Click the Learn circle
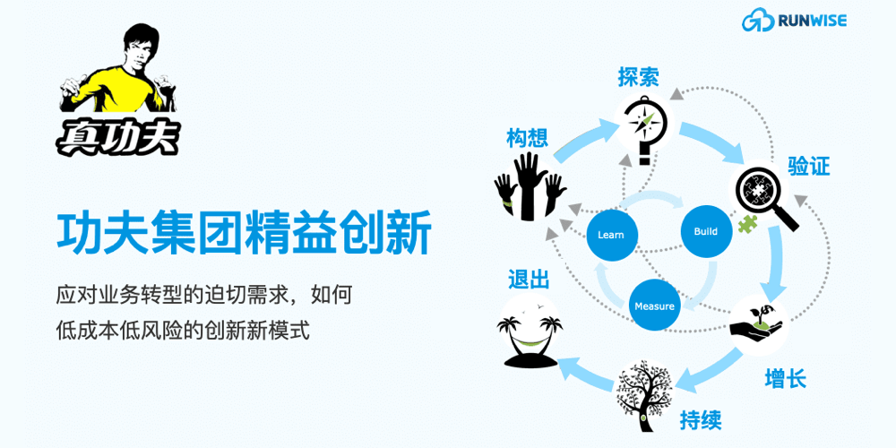611,235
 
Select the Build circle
706,231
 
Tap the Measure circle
654,306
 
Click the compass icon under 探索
644,129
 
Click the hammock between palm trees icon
530,339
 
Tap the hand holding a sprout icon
756,321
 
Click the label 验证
808,167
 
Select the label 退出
529,280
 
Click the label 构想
527,138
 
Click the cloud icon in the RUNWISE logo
758,22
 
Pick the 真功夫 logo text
117,138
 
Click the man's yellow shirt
116,89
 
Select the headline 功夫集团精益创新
244,234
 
